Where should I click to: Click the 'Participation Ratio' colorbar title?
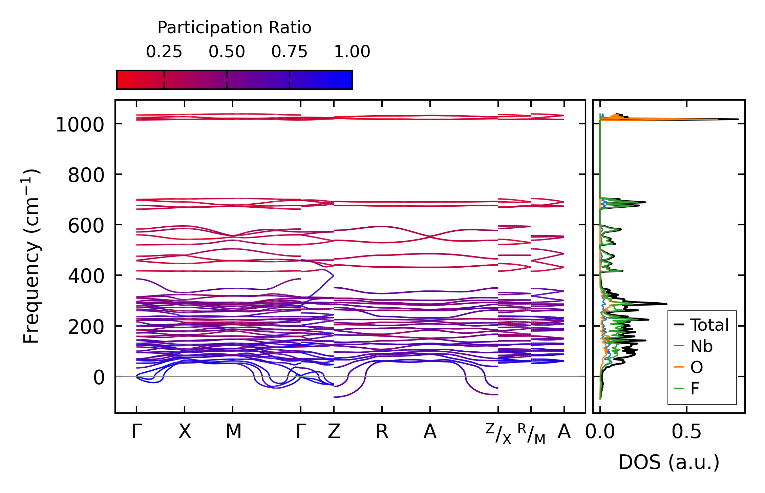pyautogui.click(x=234, y=28)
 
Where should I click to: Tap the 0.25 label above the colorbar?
pyautogui.click(x=164, y=52)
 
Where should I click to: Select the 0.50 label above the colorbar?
pyautogui.click(x=227, y=52)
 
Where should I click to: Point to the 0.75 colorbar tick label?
pyautogui.click(x=289, y=52)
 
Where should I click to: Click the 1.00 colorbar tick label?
pyautogui.click(x=352, y=52)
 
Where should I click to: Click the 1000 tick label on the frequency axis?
pyautogui.click(x=80, y=125)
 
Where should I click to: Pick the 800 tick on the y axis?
pyautogui.click(x=86, y=175)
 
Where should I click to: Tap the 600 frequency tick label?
pyautogui.click(x=86, y=226)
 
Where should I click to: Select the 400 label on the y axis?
pyautogui.click(x=86, y=276)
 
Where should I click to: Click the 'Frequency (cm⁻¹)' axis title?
pyautogui.click(x=31, y=256)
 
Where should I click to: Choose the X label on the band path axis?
pyautogui.click(x=185, y=432)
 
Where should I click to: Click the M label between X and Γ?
pyautogui.click(x=233, y=432)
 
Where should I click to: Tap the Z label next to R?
pyautogui.click(x=334, y=432)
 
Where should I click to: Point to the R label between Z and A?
pyautogui.click(x=382, y=432)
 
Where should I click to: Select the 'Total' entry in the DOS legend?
pyautogui.click(x=709, y=325)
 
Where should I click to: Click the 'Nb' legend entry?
pyautogui.click(x=701, y=346)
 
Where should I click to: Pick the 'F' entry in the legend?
pyautogui.click(x=695, y=389)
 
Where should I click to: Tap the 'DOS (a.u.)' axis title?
pyautogui.click(x=669, y=462)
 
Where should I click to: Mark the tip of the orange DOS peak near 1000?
pyautogui.click(x=717, y=119)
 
